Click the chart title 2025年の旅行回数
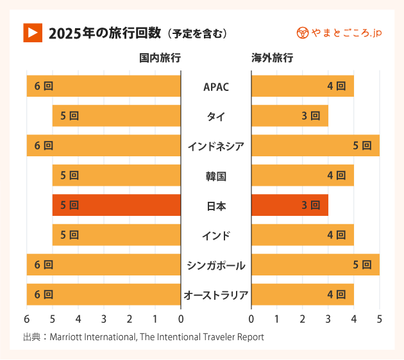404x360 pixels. pos(103,33)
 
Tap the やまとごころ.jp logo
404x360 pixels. pos(339,32)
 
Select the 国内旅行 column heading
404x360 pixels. pos(160,58)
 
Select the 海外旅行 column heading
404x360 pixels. pos(272,58)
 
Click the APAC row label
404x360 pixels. pos(215,86)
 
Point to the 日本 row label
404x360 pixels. pos(215,206)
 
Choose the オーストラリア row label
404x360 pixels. pos(215,295)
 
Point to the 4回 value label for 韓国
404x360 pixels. pos(336,176)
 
